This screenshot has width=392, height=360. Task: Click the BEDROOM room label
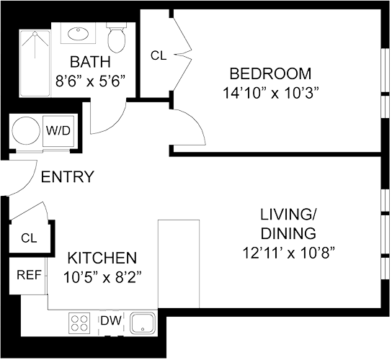pyautogui.click(x=270, y=73)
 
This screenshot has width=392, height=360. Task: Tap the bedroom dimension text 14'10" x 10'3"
pyautogui.click(x=271, y=93)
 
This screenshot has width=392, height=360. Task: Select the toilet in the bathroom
pyautogui.click(x=117, y=37)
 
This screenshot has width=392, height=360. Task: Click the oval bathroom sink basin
pyautogui.click(x=79, y=34)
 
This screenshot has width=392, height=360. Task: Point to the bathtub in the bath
pyautogui.click(x=35, y=63)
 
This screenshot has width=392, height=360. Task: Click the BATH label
pyautogui.click(x=90, y=62)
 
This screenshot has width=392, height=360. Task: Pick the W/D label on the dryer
pyautogui.click(x=58, y=130)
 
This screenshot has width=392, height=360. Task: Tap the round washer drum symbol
pyautogui.click(x=26, y=130)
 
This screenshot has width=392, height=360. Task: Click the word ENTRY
pyautogui.click(x=67, y=176)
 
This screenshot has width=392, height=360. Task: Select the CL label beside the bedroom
pyautogui.click(x=159, y=55)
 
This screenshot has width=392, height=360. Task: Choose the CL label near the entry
pyautogui.click(x=29, y=238)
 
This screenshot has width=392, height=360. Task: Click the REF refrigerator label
pyautogui.click(x=29, y=275)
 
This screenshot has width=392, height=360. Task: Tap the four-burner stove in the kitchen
pyautogui.click(x=79, y=323)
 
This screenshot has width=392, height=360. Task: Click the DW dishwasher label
pyautogui.click(x=111, y=320)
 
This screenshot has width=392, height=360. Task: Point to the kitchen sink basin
pyautogui.click(x=143, y=323)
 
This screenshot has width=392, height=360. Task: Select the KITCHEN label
pyautogui.click(x=102, y=258)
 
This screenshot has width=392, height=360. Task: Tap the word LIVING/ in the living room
pyautogui.click(x=288, y=215)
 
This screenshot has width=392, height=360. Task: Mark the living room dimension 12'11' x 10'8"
pyautogui.click(x=288, y=253)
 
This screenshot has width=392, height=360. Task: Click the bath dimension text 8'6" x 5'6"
pyautogui.click(x=90, y=81)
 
